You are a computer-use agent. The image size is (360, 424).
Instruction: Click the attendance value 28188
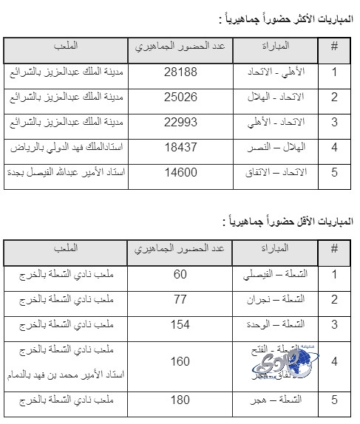(x=180, y=73)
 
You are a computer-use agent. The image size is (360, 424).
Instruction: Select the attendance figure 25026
(x=180, y=98)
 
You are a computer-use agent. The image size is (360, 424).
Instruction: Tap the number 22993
(x=180, y=123)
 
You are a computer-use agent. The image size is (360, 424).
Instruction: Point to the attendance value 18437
(x=180, y=148)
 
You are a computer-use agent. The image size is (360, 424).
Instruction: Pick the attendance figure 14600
(x=180, y=173)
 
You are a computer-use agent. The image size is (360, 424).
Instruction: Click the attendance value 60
(x=180, y=276)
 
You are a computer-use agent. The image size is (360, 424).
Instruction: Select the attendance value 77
(x=180, y=300)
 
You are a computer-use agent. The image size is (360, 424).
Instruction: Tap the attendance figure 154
(x=180, y=325)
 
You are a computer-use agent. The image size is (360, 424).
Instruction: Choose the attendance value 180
(x=180, y=400)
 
